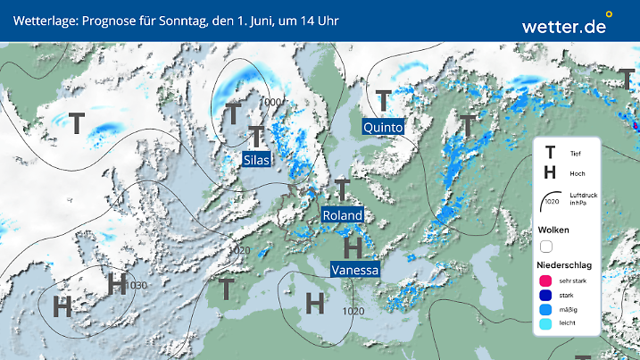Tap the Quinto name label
point(384,128)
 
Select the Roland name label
point(343,215)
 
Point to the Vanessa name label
point(354,269)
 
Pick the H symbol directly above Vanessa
point(353,246)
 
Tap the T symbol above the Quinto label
point(384,100)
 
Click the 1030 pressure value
point(137,286)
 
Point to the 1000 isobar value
point(270,102)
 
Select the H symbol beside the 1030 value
point(116,284)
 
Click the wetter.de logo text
point(564,27)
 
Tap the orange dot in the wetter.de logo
point(609,14)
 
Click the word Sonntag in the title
point(189,20)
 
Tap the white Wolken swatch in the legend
point(544,246)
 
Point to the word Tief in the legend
point(576,154)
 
